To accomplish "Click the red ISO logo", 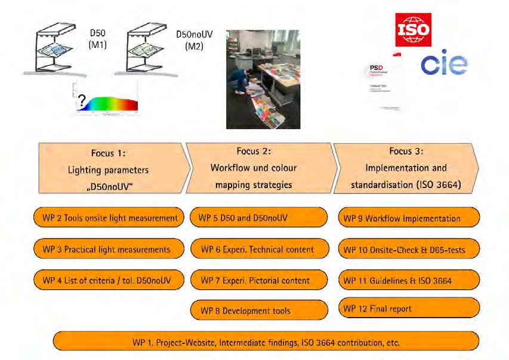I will (413, 28).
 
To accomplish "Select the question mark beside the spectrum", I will (81, 102).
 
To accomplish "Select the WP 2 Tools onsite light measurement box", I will (106, 218).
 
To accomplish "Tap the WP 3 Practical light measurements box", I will (106, 249).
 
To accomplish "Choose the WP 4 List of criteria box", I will (106, 280).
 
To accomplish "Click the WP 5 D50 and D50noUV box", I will (259, 218).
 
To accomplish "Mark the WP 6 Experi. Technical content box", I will (259, 249).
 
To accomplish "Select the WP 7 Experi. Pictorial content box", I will (259, 280).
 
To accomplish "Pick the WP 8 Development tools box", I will (259, 310).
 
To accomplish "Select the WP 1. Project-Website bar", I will (266, 343).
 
